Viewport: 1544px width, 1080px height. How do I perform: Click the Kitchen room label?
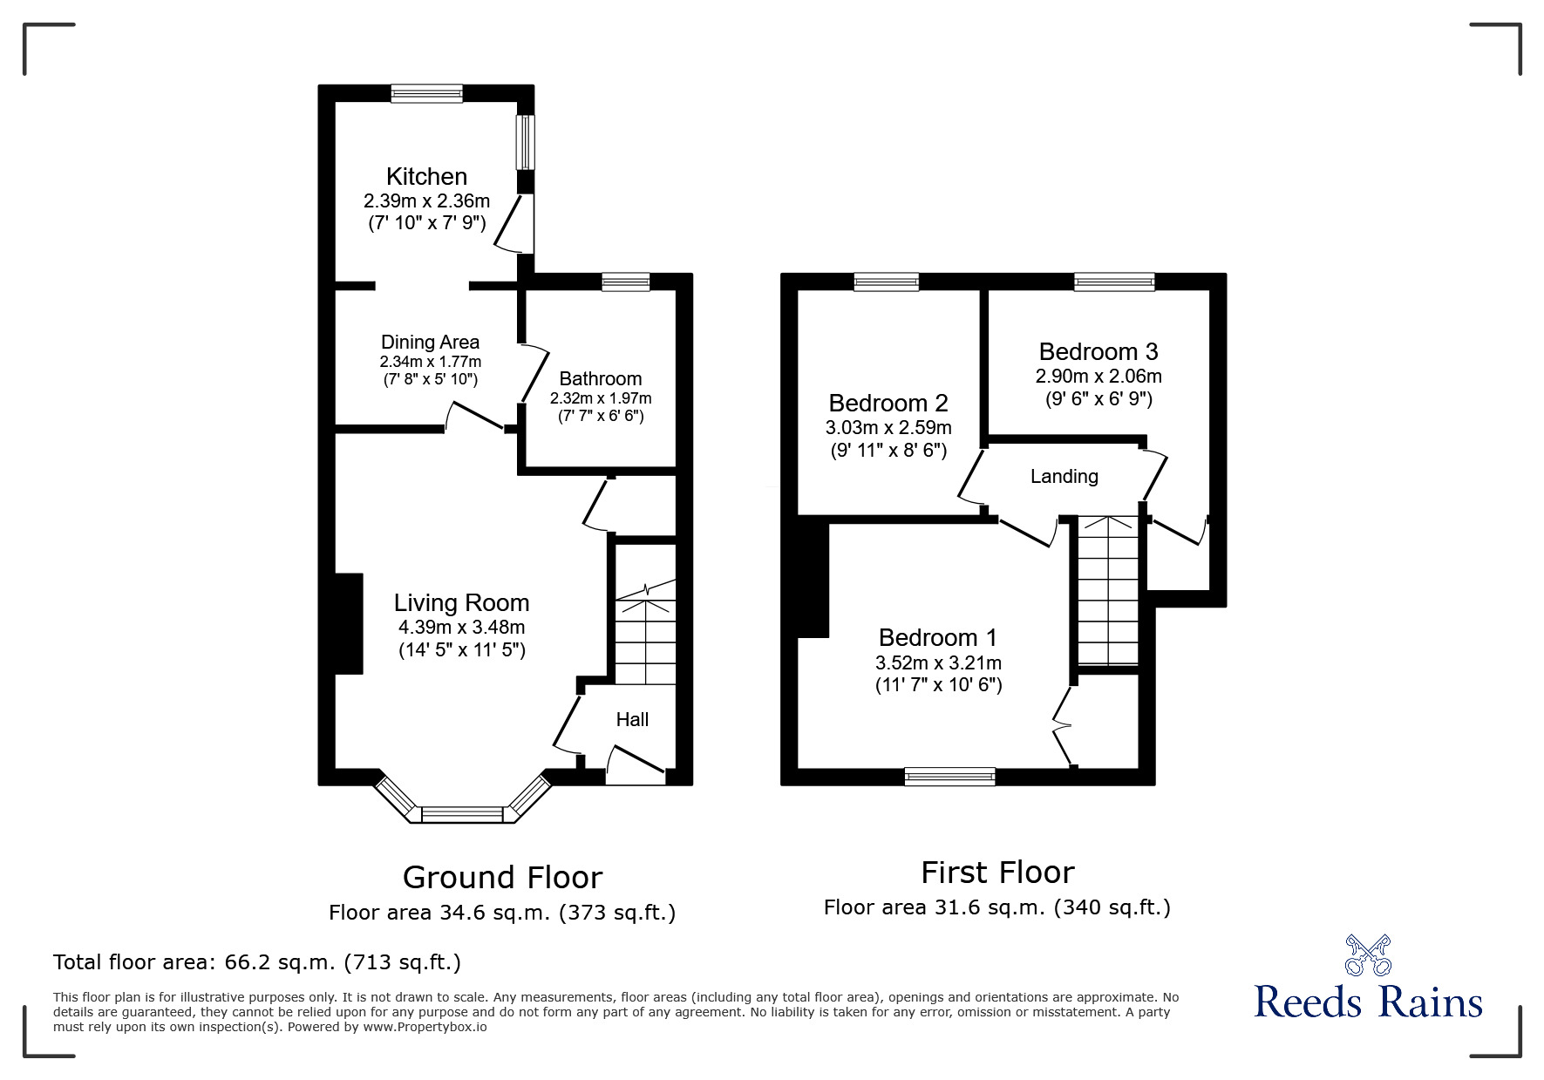coord(426,177)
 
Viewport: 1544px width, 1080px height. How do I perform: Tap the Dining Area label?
coord(430,343)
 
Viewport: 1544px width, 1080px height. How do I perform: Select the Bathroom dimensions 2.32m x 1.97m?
coord(601,398)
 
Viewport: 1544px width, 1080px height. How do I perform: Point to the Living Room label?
coord(461,603)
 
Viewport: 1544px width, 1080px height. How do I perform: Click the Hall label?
coord(632,720)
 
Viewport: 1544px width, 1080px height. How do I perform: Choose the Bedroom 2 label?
coord(888,404)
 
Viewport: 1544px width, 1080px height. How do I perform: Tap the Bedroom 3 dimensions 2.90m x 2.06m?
coord(1098,377)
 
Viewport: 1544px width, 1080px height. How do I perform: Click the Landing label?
coord(1064,477)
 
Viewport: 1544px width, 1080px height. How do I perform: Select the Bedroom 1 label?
coord(938,638)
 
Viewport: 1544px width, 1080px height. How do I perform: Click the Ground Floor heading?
coord(502,877)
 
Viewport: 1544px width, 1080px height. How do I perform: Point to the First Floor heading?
coord(997,873)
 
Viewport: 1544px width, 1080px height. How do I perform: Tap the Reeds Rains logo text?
coord(1368,1002)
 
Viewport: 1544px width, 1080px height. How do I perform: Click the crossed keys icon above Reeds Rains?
coord(1368,954)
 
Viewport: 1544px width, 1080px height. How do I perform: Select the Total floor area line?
coord(257,962)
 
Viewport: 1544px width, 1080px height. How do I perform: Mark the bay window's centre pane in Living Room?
coord(462,814)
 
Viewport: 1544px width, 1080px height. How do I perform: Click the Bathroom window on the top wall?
coord(626,282)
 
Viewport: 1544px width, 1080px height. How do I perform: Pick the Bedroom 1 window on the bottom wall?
coord(949,776)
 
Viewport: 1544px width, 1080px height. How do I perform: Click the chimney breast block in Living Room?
coord(349,623)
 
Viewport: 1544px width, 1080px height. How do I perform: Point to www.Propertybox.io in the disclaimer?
coord(425,1027)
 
